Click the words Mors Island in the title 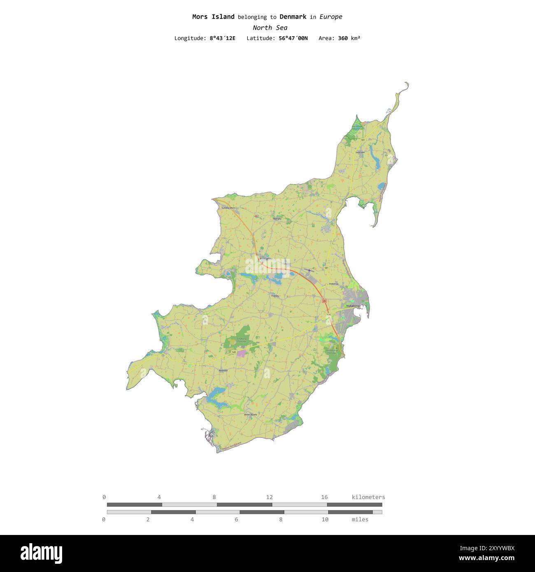click(x=213, y=17)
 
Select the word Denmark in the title click(x=293, y=17)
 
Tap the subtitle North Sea click(x=270, y=28)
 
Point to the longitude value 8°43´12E click(x=223, y=38)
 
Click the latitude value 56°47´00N click(x=293, y=38)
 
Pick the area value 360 click(x=343, y=38)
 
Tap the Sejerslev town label click(x=360, y=152)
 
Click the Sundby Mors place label click(x=228, y=208)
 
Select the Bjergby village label click(x=277, y=219)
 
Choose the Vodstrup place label click(x=333, y=284)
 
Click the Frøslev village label click(x=275, y=296)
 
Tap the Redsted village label click(x=223, y=370)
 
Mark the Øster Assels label click(x=250, y=414)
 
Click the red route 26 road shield click(x=324, y=301)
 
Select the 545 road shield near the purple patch click(x=234, y=352)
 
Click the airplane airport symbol click(x=309, y=270)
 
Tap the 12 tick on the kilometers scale click(x=270, y=497)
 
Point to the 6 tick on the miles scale click(x=237, y=519)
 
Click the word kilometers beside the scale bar click(x=368, y=497)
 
